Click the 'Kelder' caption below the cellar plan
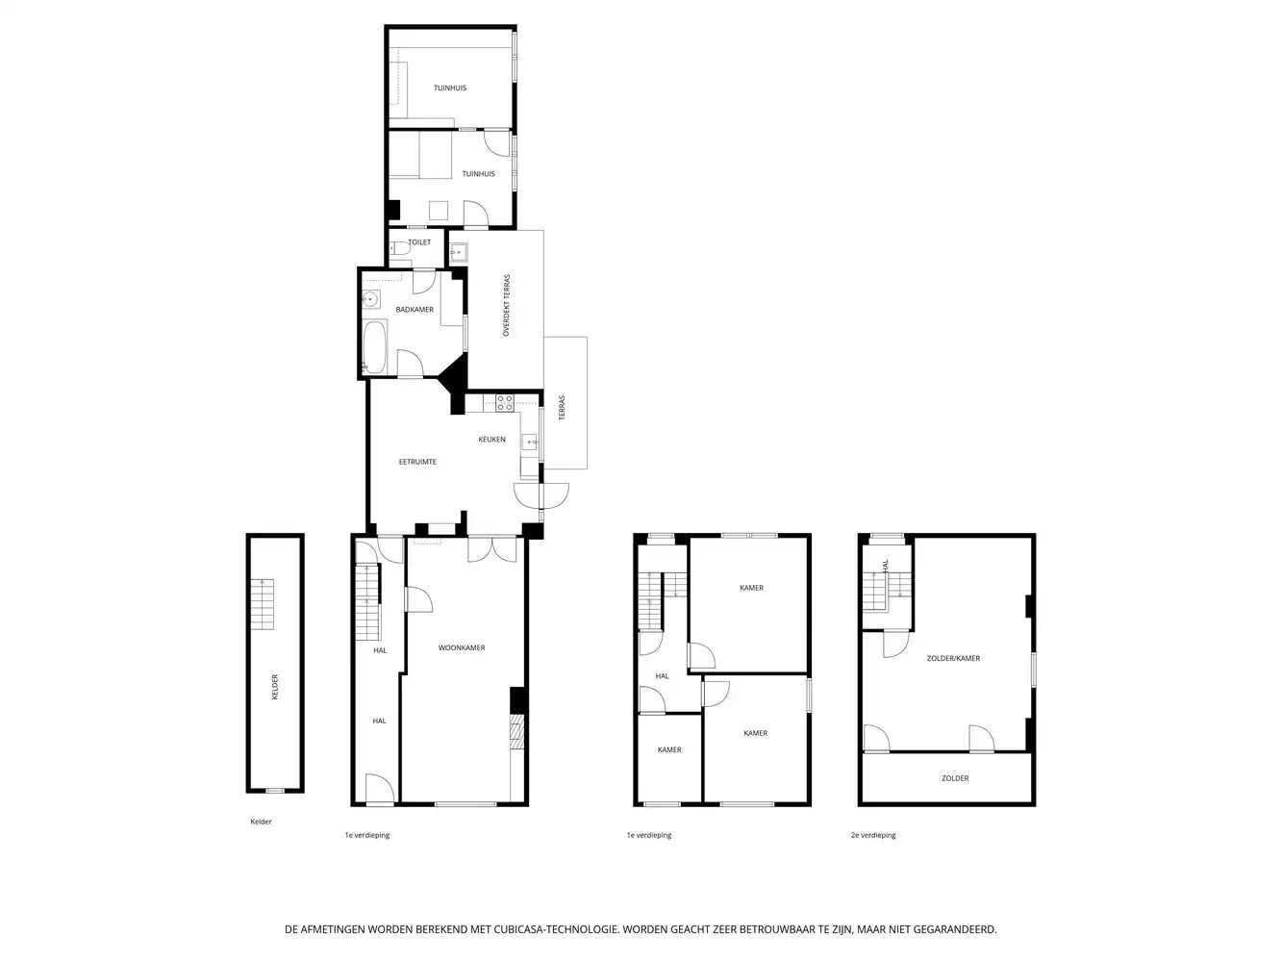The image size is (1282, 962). tap(261, 822)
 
